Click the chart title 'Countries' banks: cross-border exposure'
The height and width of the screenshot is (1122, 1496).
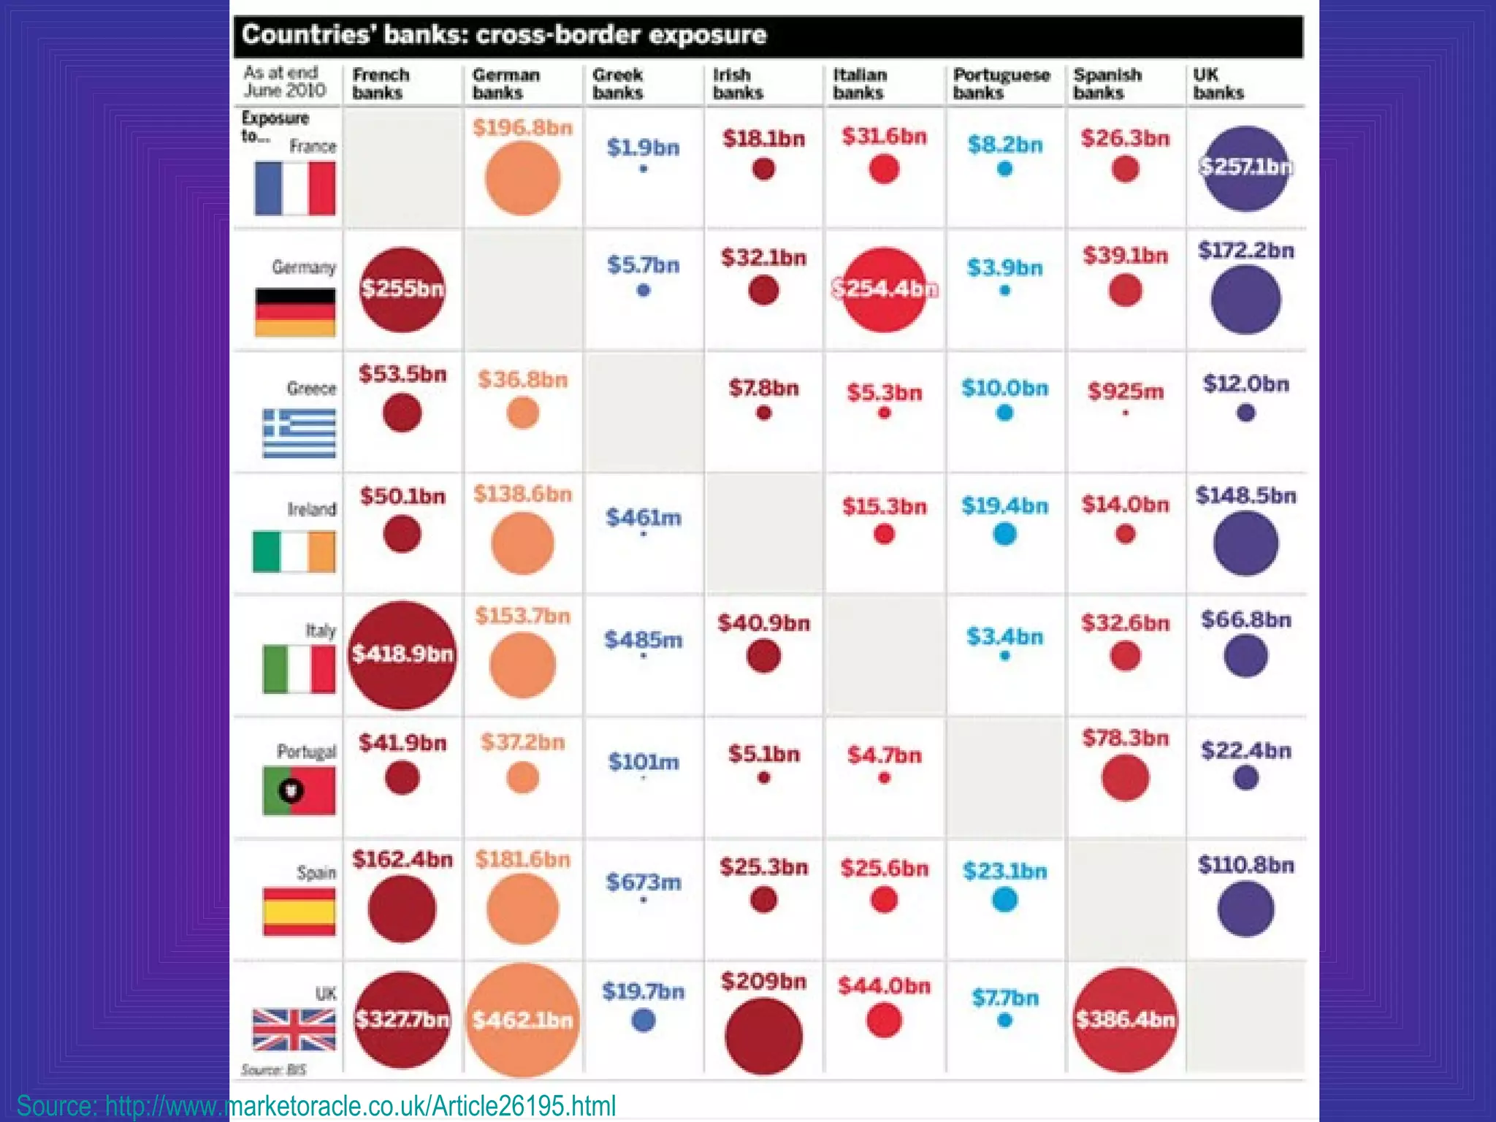[504, 35]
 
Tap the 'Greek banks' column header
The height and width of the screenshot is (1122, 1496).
[618, 83]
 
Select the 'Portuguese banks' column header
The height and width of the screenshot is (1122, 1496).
[1001, 83]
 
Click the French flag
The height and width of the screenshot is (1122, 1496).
[295, 188]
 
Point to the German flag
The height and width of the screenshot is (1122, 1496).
[295, 312]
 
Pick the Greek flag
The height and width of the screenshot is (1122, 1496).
[299, 433]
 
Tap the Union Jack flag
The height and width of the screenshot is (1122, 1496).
[294, 1029]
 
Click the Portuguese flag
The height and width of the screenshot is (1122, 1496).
[299, 790]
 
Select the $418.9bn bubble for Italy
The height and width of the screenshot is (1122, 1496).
[402, 654]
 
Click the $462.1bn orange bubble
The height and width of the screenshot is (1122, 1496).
[522, 1020]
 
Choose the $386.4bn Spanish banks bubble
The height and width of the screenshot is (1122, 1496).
[1125, 1020]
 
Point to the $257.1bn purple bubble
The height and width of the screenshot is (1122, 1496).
[1245, 168]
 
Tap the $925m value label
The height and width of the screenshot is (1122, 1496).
[1125, 392]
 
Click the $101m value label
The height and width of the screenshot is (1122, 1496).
[644, 762]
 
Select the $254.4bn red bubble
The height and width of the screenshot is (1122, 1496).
[884, 289]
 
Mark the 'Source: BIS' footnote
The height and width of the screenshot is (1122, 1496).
[274, 1070]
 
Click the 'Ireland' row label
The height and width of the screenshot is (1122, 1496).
[312, 509]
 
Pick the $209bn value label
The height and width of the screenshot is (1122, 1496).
[763, 981]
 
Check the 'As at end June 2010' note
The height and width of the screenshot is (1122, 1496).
[284, 81]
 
